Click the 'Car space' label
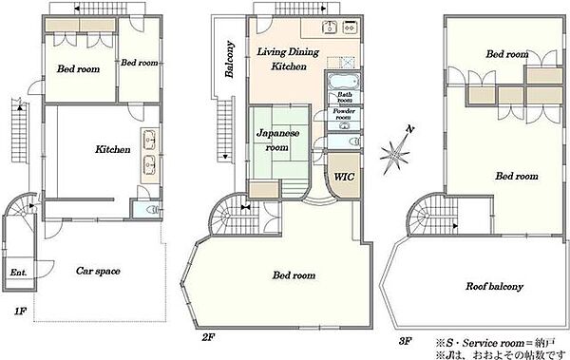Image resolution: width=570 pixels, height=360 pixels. coord(98,271)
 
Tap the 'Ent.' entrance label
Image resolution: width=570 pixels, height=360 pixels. coord(18,272)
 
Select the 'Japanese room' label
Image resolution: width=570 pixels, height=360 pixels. coord(277,140)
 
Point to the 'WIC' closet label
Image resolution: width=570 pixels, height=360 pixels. coord(344,177)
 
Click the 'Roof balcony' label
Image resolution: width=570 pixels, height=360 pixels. coord(494,286)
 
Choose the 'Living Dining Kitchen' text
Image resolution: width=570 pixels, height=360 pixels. coord(288,59)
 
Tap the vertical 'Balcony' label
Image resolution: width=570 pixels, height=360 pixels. coord(229,59)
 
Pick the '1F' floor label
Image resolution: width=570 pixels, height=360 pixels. coord(20,312)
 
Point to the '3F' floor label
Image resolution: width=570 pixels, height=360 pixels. coord(405,341)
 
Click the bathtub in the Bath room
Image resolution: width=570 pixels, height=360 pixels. coord(344,81)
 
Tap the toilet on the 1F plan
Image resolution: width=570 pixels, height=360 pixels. coord(152,210)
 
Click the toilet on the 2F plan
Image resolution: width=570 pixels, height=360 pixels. coord(352,142)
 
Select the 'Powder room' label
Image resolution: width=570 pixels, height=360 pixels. coord(344,114)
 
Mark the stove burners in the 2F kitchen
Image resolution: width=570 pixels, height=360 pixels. coord(350,27)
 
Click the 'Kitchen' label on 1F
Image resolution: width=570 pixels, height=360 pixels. coord(113,149)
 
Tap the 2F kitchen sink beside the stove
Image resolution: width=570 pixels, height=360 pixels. coord(330,27)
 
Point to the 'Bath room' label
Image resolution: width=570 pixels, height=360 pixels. coord(344,97)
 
